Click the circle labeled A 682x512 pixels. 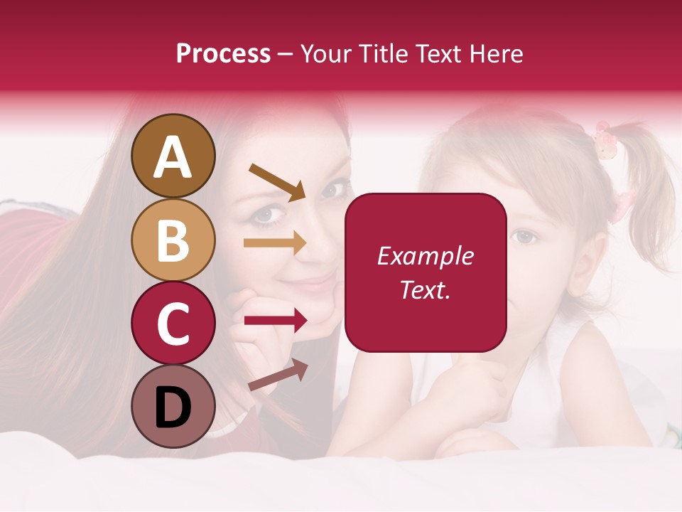tap(173, 156)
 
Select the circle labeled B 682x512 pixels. tap(173, 240)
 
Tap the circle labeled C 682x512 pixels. tap(173, 323)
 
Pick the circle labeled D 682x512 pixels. tap(173, 406)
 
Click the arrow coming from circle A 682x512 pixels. tap(277, 182)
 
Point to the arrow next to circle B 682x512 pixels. tap(275, 243)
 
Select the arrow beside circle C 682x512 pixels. tap(275, 321)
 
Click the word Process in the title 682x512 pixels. tap(223, 54)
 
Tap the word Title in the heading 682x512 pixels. tap(381, 54)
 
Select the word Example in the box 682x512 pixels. tap(425, 256)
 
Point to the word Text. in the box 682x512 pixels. tap(425, 289)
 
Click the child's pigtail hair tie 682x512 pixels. tap(605, 140)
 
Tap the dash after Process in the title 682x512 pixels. tap(286, 55)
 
